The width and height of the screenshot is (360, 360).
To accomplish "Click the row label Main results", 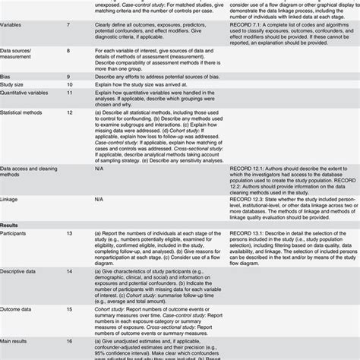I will [x=18, y=344].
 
